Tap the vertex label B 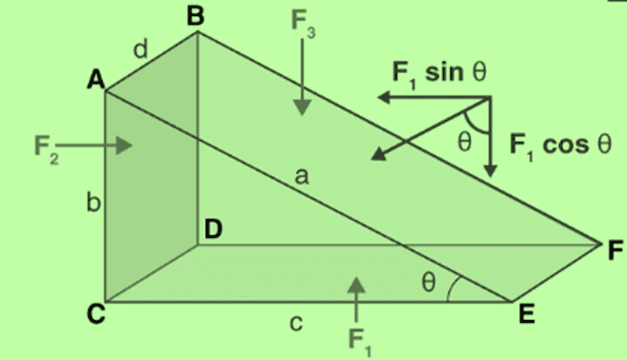click(195, 16)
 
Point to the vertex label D click(214, 230)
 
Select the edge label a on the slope click(302, 178)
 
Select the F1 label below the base click(358, 338)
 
